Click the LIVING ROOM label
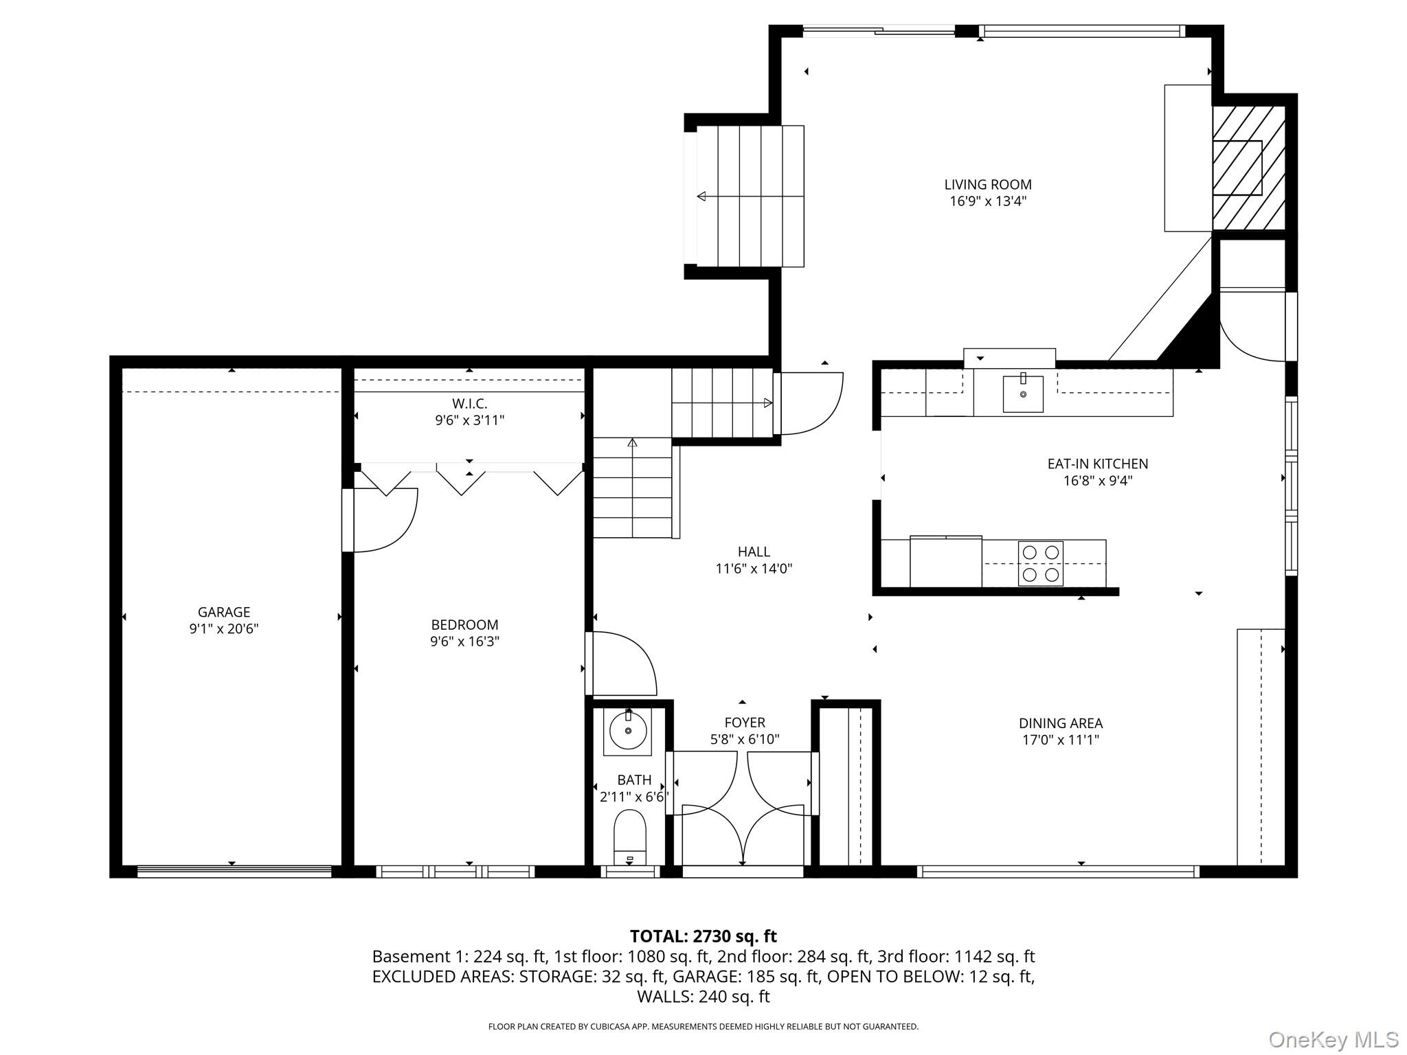[x=988, y=184]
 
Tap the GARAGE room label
[x=224, y=612]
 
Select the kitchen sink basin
[x=1023, y=394]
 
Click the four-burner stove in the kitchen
[x=1040, y=563]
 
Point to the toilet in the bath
[x=630, y=836]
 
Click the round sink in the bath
[x=629, y=731]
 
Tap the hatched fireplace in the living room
[x=1248, y=168]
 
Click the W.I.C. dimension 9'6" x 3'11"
[x=470, y=420]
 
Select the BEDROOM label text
[x=464, y=625]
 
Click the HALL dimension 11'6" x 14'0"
[x=754, y=569]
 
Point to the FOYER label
[x=745, y=723]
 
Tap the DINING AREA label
[x=1061, y=723]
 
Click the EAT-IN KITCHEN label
[x=1098, y=464]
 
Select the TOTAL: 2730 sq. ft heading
[x=703, y=936]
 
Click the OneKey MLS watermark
[x=1333, y=1039]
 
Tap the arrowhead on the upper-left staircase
[x=701, y=196]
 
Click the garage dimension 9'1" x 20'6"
[x=224, y=628]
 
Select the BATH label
[x=634, y=780]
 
